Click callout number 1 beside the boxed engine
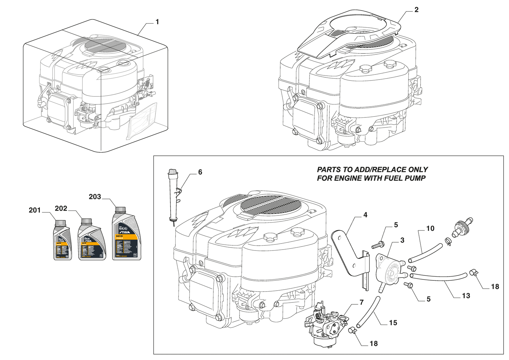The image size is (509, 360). [157, 22]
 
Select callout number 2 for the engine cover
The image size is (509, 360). [416, 10]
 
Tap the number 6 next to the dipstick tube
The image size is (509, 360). [200, 172]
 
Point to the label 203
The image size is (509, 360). [95, 197]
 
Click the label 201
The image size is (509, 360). [35, 210]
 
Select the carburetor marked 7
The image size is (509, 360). [326, 326]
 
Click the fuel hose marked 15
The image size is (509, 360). [369, 312]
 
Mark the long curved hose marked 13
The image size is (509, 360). [439, 278]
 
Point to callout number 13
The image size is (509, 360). [466, 296]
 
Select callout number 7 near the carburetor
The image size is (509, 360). [362, 302]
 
